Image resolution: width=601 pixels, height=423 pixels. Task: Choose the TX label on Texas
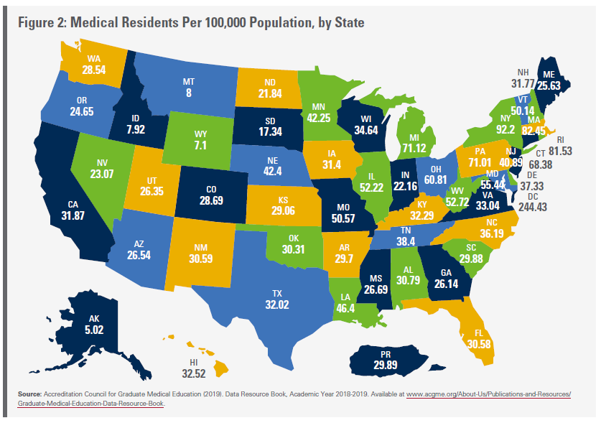(276, 294)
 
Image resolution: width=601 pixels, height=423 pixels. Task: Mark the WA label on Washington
(93, 59)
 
